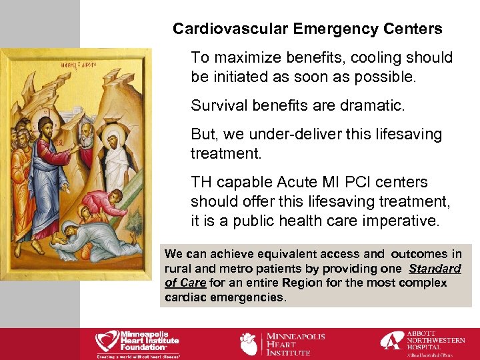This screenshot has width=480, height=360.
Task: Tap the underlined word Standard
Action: click(435, 269)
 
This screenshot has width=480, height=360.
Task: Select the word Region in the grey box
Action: click(302, 283)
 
